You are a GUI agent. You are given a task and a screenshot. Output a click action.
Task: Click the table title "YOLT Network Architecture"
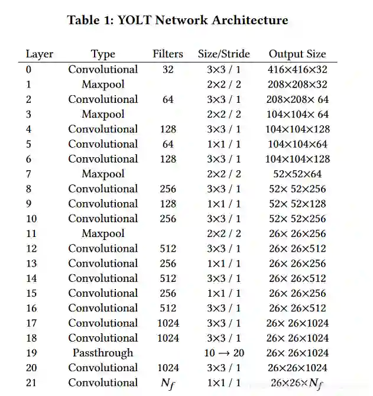(177, 20)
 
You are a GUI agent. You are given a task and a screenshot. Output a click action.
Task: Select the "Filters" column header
(168, 54)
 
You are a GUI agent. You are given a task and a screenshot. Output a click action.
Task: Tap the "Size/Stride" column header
(223, 54)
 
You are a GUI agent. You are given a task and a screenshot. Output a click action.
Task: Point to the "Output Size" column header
(297, 54)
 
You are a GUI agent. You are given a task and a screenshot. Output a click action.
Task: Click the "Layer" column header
(39, 54)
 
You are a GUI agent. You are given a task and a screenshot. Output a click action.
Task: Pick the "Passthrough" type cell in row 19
(103, 353)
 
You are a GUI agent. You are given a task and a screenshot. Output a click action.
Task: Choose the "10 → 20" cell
(223, 353)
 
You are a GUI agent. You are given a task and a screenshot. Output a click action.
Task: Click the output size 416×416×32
(297, 70)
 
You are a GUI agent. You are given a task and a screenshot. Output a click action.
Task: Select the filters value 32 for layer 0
(168, 70)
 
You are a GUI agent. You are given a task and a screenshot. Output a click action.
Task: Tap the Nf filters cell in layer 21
(168, 383)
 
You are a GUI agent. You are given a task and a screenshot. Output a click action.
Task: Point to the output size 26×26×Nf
(297, 383)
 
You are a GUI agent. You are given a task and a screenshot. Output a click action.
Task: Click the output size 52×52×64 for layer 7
(297, 174)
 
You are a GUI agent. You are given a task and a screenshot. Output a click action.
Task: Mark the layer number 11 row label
(31, 233)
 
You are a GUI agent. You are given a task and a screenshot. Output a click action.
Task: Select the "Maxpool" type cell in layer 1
(103, 85)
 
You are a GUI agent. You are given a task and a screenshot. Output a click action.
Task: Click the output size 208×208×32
(297, 85)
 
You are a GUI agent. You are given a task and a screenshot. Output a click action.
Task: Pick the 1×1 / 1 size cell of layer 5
(223, 144)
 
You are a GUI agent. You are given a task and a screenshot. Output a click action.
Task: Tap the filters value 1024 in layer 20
(168, 368)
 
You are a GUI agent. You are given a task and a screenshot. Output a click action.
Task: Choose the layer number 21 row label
(31, 383)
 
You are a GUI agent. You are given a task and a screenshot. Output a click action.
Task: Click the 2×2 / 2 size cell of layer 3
(223, 114)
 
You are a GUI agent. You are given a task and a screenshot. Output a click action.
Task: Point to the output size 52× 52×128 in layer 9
(297, 204)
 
